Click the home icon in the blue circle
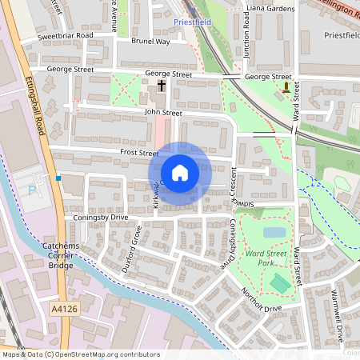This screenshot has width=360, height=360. (x=180, y=173)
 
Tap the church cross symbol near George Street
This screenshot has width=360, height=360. (x=161, y=85)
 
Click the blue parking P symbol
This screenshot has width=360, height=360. (x=32, y=189)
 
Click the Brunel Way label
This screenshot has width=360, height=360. (x=150, y=41)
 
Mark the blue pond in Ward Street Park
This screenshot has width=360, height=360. (x=274, y=233)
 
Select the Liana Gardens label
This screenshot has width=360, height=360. (x=270, y=8)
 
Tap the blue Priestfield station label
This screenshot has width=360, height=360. (x=192, y=22)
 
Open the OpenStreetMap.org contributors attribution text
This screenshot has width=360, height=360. (x=104, y=354)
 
